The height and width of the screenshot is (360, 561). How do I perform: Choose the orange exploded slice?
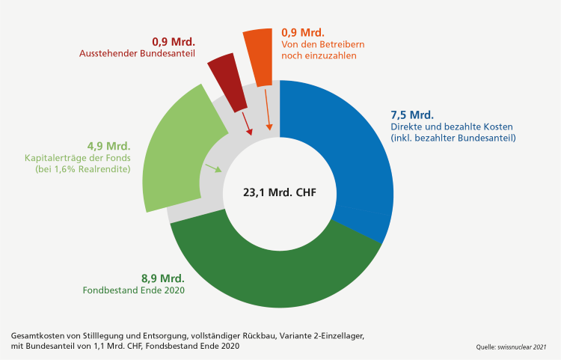259,57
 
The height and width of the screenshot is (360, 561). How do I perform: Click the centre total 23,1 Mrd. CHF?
279,192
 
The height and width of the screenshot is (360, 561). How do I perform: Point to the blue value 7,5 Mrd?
412,115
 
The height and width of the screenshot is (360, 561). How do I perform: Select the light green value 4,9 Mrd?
109,145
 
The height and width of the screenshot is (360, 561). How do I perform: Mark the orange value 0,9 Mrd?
302,32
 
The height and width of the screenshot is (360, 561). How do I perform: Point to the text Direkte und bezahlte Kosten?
440,127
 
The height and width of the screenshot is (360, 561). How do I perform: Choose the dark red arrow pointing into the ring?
245,118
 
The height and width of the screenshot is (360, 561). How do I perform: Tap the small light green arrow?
214,168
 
